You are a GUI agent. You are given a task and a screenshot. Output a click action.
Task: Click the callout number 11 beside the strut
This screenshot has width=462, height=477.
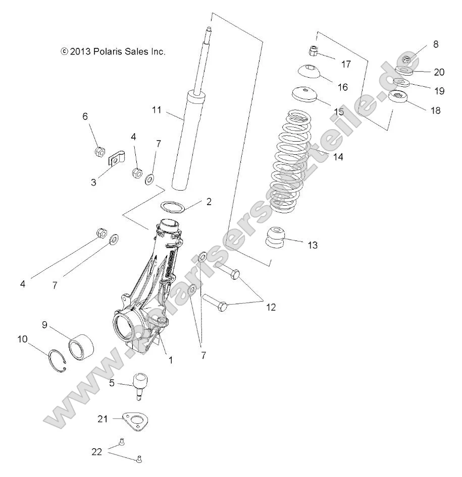click(157, 109)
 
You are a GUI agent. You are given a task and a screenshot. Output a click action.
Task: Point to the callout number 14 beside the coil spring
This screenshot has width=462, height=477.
click(338, 157)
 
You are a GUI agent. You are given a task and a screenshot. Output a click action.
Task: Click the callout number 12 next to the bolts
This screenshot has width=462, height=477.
click(271, 307)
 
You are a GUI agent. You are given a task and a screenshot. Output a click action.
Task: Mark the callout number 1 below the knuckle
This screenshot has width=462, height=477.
click(171, 360)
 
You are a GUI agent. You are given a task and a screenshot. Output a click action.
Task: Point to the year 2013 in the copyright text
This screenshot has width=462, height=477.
click(80, 51)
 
